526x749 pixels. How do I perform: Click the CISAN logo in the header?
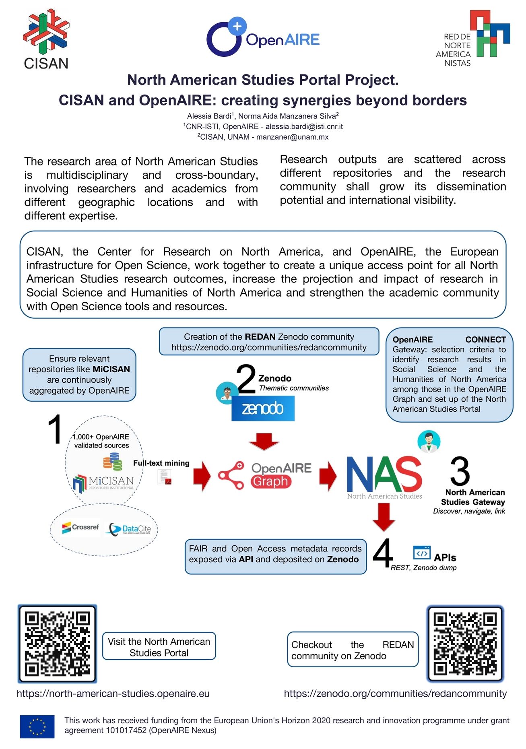46,39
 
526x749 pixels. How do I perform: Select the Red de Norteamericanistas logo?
473,39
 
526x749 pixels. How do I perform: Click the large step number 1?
55,429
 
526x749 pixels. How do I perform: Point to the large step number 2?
246,379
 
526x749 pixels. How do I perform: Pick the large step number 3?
460,471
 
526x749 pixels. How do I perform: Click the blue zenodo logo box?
263,409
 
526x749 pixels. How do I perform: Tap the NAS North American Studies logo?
384,477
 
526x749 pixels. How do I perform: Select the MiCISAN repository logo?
103,482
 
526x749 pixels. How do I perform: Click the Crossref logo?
80,528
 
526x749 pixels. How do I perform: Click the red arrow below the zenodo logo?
264,442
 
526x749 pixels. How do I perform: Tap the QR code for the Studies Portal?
57,643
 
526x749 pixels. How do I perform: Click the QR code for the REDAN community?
465,643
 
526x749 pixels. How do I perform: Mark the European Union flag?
37,726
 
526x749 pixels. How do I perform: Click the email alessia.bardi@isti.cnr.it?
304,126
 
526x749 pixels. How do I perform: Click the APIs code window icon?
422,553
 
